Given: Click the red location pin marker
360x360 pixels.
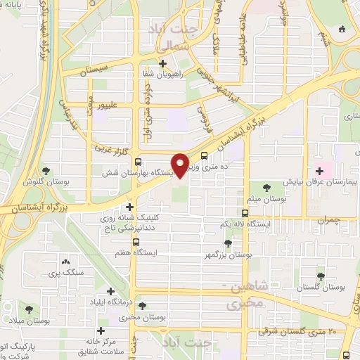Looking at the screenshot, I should pos(181,165).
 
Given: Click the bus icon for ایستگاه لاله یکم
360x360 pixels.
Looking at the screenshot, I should pos(245,213).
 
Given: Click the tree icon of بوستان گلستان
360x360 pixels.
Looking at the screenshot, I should pos(321,277).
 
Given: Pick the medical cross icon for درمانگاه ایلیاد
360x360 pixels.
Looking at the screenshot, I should pos(110,291).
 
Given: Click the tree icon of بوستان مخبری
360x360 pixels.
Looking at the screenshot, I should pos(143,306).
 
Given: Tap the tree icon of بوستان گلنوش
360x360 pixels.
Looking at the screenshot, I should pos(46,171).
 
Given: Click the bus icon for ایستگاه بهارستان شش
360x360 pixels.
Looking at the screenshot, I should pos(139,162).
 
